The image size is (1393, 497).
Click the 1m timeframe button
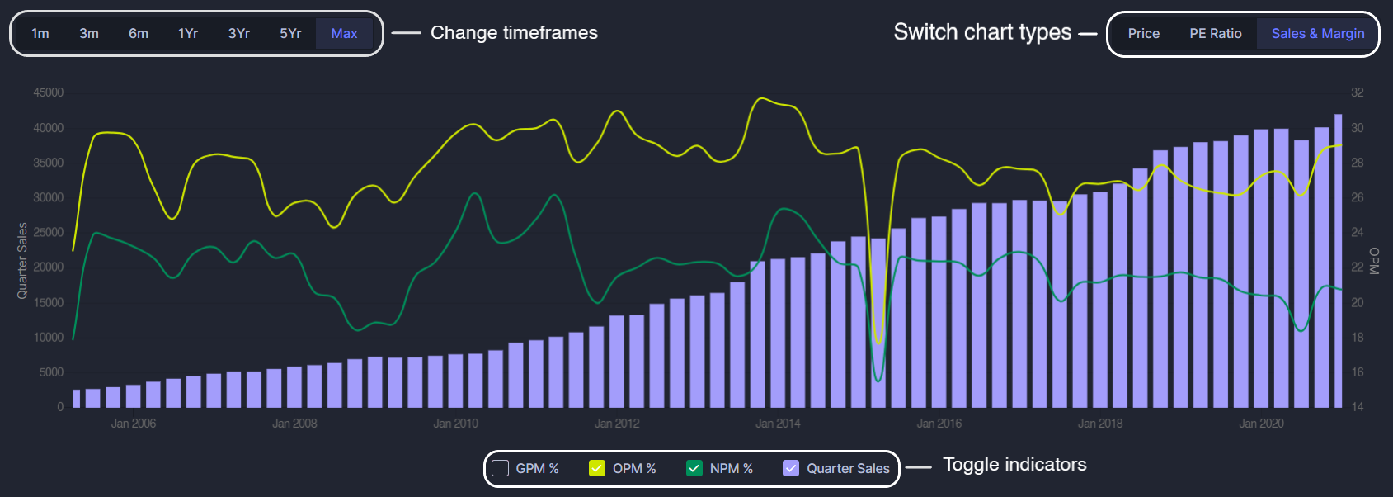click(x=40, y=34)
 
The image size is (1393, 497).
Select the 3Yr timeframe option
click(x=239, y=34)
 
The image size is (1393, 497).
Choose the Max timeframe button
click(x=344, y=34)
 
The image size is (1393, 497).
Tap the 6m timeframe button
click(x=138, y=34)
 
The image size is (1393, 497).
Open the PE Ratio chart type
click(x=1215, y=34)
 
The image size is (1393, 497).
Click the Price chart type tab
click(x=1144, y=34)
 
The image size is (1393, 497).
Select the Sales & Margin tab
click(x=1318, y=34)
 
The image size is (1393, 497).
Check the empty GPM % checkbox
click(x=500, y=468)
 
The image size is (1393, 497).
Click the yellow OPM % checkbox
click(x=597, y=468)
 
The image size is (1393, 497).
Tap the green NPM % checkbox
click(x=694, y=468)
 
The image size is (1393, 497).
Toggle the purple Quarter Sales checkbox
click(x=791, y=468)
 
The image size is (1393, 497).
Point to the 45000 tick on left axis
click(x=49, y=92)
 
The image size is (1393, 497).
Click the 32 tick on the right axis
click(x=1358, y=92)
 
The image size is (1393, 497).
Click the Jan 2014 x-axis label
click(x=778, y=424)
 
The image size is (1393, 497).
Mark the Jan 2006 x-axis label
click(x=134, y=424)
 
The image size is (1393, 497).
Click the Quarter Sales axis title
click(x=22, y=260)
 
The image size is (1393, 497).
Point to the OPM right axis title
click(x=1374, y=261)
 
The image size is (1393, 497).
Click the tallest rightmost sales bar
click(x=1339, y=261)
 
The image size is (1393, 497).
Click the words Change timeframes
click(x=515, y=32)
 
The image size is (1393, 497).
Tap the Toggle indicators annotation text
click(x=1015, y=465)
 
